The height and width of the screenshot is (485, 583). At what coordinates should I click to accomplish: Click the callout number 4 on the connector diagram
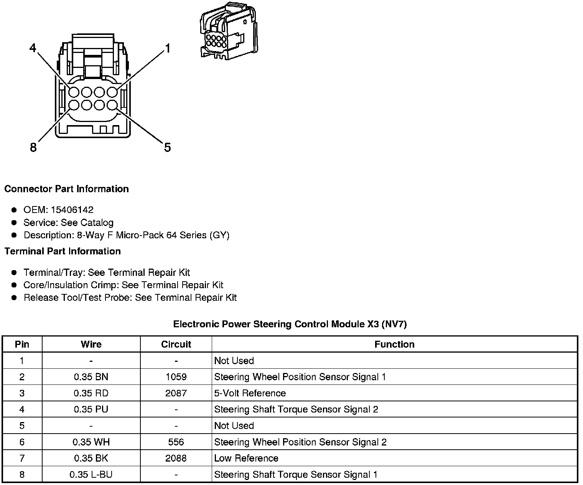pyautogui.click(x=33, y=48)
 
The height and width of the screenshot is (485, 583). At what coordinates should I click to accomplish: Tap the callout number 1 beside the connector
pyautogui.click(x=167, y=48)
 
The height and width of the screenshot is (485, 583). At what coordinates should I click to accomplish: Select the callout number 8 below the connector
pyautogui.click(x=33, y=147)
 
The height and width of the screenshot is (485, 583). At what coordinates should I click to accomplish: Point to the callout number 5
pyautogui.click(x=167, y=147)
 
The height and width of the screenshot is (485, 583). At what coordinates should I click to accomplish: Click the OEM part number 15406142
pyautogui.click(x=72, y=210)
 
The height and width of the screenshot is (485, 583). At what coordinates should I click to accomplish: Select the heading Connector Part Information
pyautogui.click(x=66, y=189)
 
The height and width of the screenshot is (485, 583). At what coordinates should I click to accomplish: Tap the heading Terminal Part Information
pyautogui.click(x=63, y=251)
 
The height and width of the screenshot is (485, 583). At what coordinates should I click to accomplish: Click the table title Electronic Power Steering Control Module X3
pyautogui.click(x=290, y=324)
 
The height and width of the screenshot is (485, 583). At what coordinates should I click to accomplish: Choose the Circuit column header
pyautogui.click(x=176, y=344)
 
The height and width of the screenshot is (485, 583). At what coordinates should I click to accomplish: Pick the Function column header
pyautogui.click(x=394, y=344)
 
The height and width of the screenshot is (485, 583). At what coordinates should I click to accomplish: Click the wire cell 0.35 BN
pyautogui.click(x=91, y=377)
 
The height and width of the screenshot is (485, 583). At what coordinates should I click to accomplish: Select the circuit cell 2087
pyautogui.click(x=176, y=393)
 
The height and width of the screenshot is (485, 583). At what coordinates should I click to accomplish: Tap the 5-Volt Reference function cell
pyautogui.click(x=250, y=393)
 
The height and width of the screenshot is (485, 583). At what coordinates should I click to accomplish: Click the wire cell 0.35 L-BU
pyautogui.click(x=91, y=475)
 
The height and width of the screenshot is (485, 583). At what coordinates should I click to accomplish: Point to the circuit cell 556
pyautogui.click(x=176, y=442)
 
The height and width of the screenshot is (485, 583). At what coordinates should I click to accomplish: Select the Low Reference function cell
pyautogui.click(x=246, y=458)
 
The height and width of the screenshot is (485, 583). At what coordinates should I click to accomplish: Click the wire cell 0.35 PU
pyautogui.click(x=91, y=409)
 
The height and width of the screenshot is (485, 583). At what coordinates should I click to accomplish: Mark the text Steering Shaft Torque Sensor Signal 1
pyautogui.click(x=296, y=475)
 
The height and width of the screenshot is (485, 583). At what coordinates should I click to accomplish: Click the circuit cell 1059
pyautogui.click(x=176, y=377)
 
